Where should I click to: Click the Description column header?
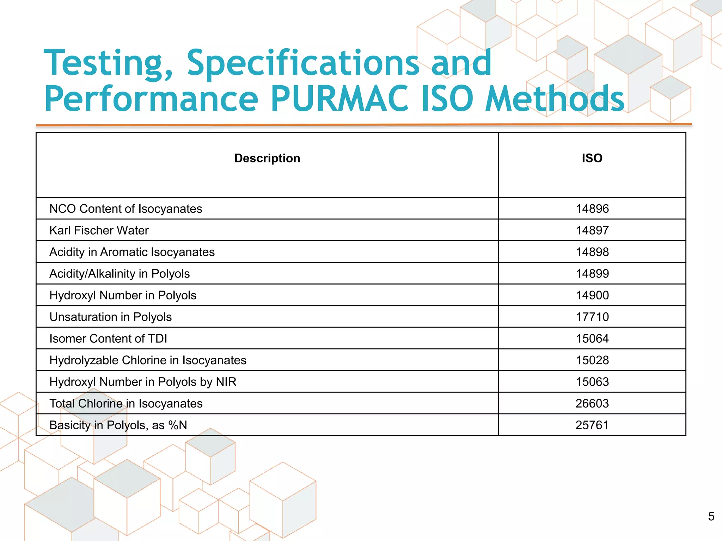point(267,158)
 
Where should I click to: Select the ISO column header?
point(592,158)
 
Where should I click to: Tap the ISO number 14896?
point(592,209)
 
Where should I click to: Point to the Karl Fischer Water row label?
point(99,230)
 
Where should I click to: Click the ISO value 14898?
point(592,252)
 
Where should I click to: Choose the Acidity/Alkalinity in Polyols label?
point(119,274)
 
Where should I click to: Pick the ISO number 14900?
point(592,295)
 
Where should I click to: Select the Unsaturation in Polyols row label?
point(110,317)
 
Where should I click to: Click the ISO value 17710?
point(592,317)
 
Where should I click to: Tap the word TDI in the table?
point(157,338)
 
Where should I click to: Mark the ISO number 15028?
point(592,360)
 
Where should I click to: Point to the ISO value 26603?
point(592,403)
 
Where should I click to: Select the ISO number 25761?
point(592,425)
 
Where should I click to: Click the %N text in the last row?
point(178,425)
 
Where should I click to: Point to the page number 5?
point(711,516)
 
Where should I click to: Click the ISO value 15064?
point(592,338)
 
